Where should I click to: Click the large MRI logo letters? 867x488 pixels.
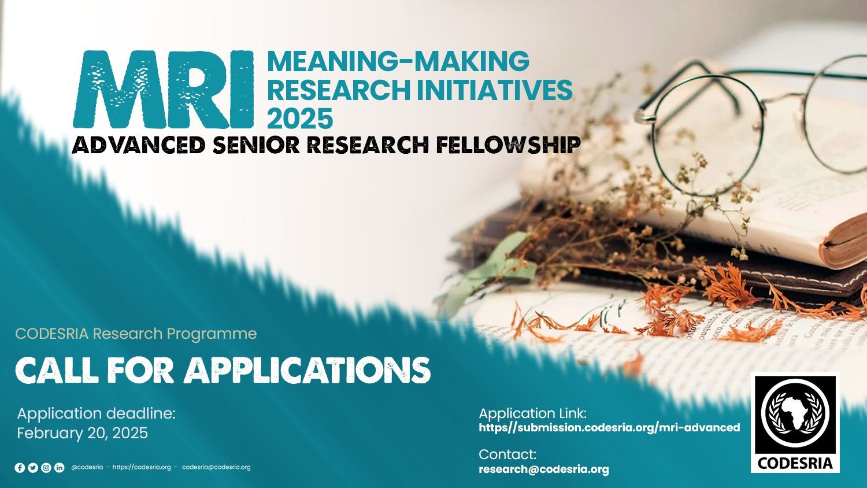164,90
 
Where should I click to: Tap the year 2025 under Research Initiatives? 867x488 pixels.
300,118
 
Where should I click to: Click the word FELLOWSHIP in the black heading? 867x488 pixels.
508,145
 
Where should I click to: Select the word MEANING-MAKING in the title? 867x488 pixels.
398,61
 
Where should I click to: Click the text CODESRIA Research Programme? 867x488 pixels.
136,334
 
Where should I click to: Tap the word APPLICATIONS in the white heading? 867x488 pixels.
307,370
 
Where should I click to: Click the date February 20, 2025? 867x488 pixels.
83,432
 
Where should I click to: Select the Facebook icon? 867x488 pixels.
20,467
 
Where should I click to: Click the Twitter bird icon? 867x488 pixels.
33,467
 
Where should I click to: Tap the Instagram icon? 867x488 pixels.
46,467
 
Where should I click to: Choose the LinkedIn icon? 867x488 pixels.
59,467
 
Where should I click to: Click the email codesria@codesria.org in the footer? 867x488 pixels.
216,467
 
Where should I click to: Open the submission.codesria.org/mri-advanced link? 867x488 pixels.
610,428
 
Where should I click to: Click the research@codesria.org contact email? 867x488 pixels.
544,469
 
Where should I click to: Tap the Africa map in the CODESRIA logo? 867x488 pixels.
795,413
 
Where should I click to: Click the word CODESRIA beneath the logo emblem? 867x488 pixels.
795,463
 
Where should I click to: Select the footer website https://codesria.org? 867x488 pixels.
141,467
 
